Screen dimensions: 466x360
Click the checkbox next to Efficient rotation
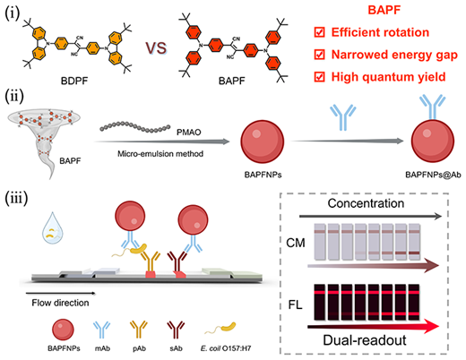319,32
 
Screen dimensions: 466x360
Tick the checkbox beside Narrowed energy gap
319,55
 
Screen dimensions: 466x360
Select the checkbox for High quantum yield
319,77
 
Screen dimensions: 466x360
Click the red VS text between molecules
156,47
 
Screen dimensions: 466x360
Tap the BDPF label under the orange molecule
74,81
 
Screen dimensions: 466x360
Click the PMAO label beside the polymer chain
188,132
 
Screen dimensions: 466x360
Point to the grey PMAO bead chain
135,126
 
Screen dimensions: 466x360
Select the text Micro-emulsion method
160,154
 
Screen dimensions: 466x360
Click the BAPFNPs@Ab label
433,175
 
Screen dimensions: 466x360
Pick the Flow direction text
60,303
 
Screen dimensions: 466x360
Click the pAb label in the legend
139,348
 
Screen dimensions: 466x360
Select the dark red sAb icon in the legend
176,330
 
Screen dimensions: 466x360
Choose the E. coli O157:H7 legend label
226,348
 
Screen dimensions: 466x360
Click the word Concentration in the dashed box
366,203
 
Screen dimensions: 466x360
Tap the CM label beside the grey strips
296,243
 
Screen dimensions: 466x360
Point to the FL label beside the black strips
295,304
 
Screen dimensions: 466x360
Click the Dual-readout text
365,340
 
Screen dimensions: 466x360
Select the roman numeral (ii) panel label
14,97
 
